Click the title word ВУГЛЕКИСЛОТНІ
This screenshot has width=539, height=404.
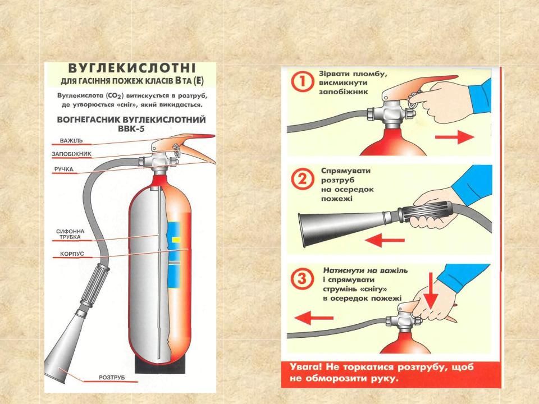(x=132, y=68)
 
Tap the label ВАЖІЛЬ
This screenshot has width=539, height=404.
(x=71, y=140)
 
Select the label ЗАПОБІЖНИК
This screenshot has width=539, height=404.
(x=71, y=154)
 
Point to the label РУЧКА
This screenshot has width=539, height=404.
(x=64, y=169)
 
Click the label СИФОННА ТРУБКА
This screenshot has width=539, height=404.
(x=70, y=235)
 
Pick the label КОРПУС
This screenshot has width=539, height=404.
(x=72, y=254)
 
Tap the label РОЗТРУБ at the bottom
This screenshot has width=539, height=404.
(x=112, y=378)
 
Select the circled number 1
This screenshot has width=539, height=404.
(x=303, y=82)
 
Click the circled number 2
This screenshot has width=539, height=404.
(x=303, y=179)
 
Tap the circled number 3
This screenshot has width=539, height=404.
(x=302, y=278)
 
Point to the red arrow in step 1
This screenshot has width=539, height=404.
(x=454, y=137)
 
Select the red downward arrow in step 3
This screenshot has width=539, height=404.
(x=431, y=290)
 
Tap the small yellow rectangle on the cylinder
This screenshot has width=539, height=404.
(x=176, y=239)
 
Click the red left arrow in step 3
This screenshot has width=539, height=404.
(x=314, y=318)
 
